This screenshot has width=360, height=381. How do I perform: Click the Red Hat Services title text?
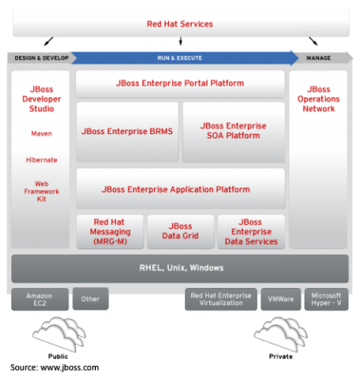[180, 24]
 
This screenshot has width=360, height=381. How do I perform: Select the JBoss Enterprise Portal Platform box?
[180, 84]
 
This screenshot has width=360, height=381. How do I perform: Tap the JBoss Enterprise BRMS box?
[128, 132]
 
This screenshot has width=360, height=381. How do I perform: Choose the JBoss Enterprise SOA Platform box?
[234, 132]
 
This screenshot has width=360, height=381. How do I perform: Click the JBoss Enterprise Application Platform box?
[181, 189]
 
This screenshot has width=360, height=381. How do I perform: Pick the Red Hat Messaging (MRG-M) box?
[110, 232]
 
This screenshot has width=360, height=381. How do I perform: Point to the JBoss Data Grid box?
[181, 232]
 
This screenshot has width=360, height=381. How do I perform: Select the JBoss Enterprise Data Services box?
[251, 232]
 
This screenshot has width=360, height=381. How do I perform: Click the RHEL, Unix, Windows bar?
[180, 268]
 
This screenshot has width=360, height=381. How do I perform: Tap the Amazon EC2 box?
[40, 299]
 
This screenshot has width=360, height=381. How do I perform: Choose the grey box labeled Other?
[90, 299]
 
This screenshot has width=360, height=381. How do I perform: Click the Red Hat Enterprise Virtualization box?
[220, 299]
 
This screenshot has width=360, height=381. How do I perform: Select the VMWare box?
[281, 299]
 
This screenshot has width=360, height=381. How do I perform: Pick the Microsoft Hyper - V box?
[327, 299]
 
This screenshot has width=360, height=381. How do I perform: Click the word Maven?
[41, 133]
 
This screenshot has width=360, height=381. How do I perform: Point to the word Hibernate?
[41, 160]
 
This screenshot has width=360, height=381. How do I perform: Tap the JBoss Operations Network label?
[319, 99]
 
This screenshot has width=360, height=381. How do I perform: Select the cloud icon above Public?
[59, 334]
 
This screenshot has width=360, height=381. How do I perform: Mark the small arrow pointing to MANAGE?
[313, 41]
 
